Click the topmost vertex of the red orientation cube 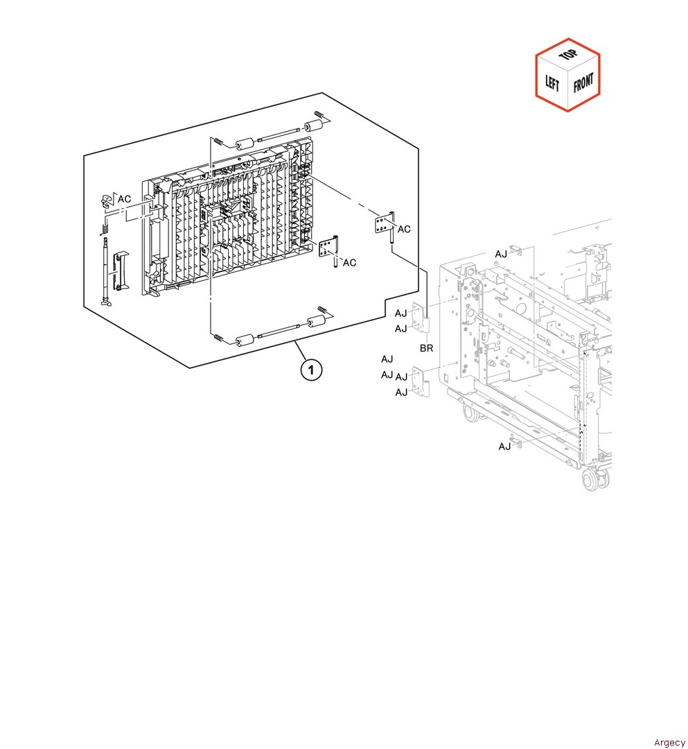click(x=567, y=38)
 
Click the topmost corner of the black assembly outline click(x=323, y=93)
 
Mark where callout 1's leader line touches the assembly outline click(x=295, y=341)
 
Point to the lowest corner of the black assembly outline click(x=190, y=368)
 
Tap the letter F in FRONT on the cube click(x=576, y=87)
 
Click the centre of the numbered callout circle click(x=311, y=370)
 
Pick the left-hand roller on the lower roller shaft click(x=245, y=340)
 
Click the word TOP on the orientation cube click(x=567, y=55)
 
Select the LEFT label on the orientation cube click(x=552, y=83)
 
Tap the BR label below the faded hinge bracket click(x=427, y=348)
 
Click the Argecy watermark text click(x=669, y=742)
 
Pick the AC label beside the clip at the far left click(x=125, y=199)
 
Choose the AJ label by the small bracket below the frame click(x=504, y=446)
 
